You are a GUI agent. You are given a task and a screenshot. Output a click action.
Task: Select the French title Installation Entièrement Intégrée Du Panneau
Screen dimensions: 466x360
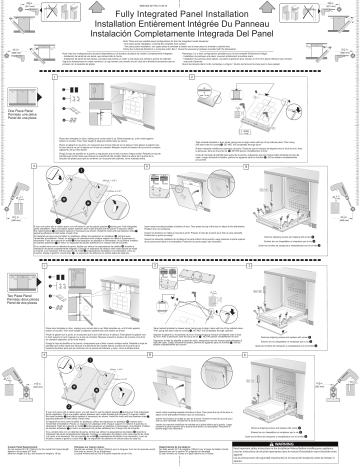(180, 29)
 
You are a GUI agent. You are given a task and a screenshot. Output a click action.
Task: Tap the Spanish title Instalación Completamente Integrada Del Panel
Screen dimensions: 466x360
(180, 40)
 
